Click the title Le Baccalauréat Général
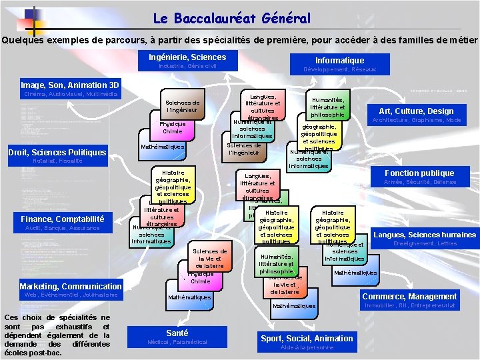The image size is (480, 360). click(232, 19)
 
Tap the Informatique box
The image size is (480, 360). click(339, 60)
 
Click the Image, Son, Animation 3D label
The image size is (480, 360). click(70, 85)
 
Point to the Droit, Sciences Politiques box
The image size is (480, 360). click(57, 153)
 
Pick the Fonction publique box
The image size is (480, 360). click(419, 173)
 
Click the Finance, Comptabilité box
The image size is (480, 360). click(62, 219)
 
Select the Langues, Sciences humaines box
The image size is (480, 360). click(424, 234)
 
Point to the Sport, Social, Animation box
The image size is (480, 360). click(307, 338)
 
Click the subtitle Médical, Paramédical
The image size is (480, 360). click(177, 342)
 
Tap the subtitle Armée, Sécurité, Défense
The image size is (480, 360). click(420, 182)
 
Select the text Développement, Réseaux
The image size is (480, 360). click(339, 69)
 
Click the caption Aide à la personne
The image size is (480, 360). click(307, 347)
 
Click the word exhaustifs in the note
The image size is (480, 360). click(69, 327)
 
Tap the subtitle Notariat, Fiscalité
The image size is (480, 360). click(57, 161)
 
